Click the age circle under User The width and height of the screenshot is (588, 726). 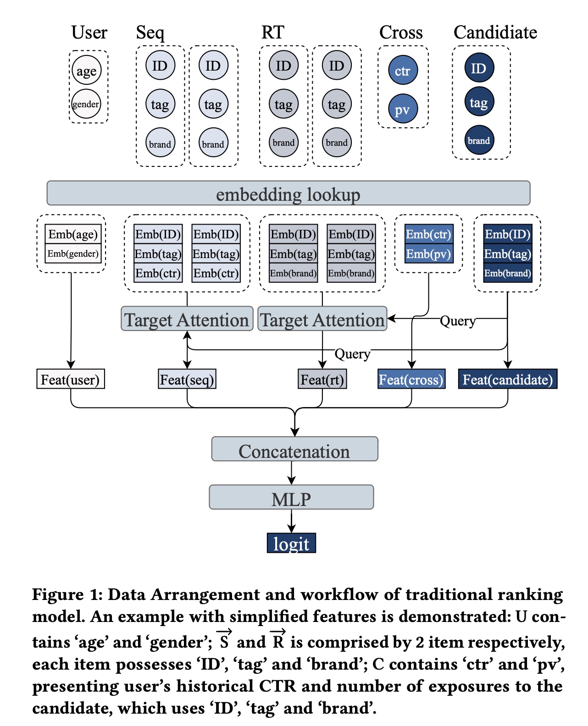(86, 71)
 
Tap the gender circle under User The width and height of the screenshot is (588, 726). (86, 104)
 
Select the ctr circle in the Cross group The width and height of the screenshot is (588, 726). (403, 71)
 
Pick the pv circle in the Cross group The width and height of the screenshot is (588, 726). (403, 109)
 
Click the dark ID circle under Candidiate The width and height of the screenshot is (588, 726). (479, 68)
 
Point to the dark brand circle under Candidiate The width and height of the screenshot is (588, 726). (479, 140)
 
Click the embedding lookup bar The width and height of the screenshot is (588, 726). (288, 193)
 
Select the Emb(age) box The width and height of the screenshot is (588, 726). (73, 234)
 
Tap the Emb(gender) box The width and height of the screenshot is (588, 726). (73, 253)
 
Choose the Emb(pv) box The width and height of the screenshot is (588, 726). (429, 254)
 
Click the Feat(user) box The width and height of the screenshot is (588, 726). (71, 379)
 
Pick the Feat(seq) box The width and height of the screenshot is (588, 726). (187, 379)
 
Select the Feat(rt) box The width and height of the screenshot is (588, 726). (322, 379)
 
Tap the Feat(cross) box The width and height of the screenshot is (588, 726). (411, 379)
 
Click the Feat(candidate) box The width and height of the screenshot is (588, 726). (508, 379)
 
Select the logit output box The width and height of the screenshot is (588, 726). (291, 543)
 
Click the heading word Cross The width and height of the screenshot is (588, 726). (401, 33)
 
